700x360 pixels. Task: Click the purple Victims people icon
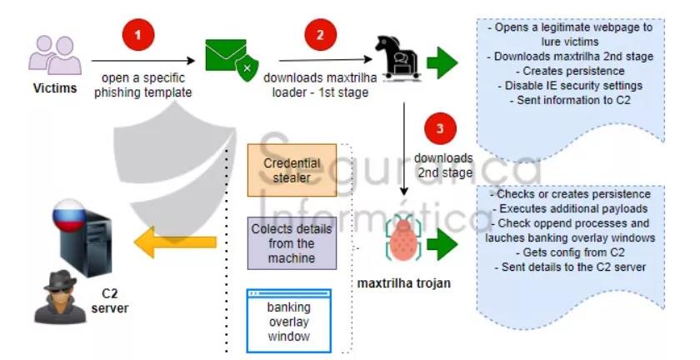(x=55, y=54)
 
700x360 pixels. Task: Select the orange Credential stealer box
(x=292, y=169)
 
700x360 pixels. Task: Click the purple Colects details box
(x=292, y=242)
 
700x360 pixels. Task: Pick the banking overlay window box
(x=288, y=319)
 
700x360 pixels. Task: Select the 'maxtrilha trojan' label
(x=404, y=284)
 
